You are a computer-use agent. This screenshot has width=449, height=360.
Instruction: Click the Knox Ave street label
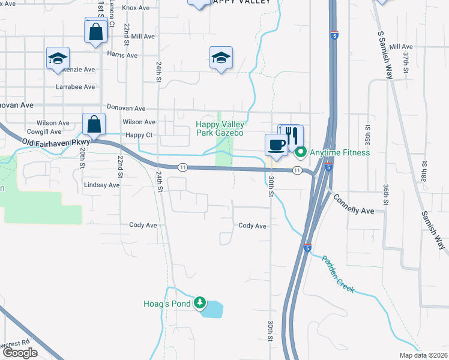coord(136,8)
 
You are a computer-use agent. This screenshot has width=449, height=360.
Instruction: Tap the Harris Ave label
coord(122,55)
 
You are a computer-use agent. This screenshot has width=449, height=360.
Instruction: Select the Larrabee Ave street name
coord(76,87)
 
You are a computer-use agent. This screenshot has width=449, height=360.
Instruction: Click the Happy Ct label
coord(140,135)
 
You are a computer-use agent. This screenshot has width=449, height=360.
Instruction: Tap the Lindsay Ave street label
coord(101,185)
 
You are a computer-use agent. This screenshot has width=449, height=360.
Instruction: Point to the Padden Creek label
coord(339,275)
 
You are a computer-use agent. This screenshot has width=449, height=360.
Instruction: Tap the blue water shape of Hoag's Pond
coord(213,310)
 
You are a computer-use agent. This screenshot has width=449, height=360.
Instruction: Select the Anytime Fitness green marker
coord(301,152)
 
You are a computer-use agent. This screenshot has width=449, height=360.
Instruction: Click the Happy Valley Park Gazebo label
coord(220,128)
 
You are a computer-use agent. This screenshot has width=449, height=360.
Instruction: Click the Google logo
coord(20,353)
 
